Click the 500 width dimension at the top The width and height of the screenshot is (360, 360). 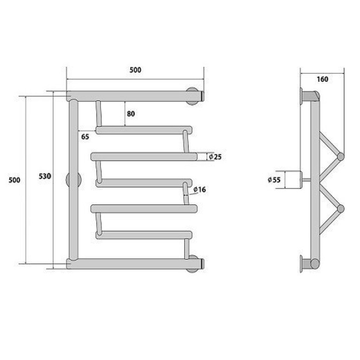point(135,70)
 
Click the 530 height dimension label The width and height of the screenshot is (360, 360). point(45,176)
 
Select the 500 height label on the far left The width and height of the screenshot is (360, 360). point(14,180)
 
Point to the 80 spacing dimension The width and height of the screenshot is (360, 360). point(131,114)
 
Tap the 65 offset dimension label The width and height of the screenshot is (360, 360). point(85,137)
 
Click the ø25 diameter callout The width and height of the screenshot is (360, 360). point(215,157)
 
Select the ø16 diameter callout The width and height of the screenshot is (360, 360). point(200,189)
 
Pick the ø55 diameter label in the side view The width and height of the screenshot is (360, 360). point(274,180)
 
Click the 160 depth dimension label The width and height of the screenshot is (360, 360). point(322,79)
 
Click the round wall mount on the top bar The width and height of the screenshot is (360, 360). point(192,96)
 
